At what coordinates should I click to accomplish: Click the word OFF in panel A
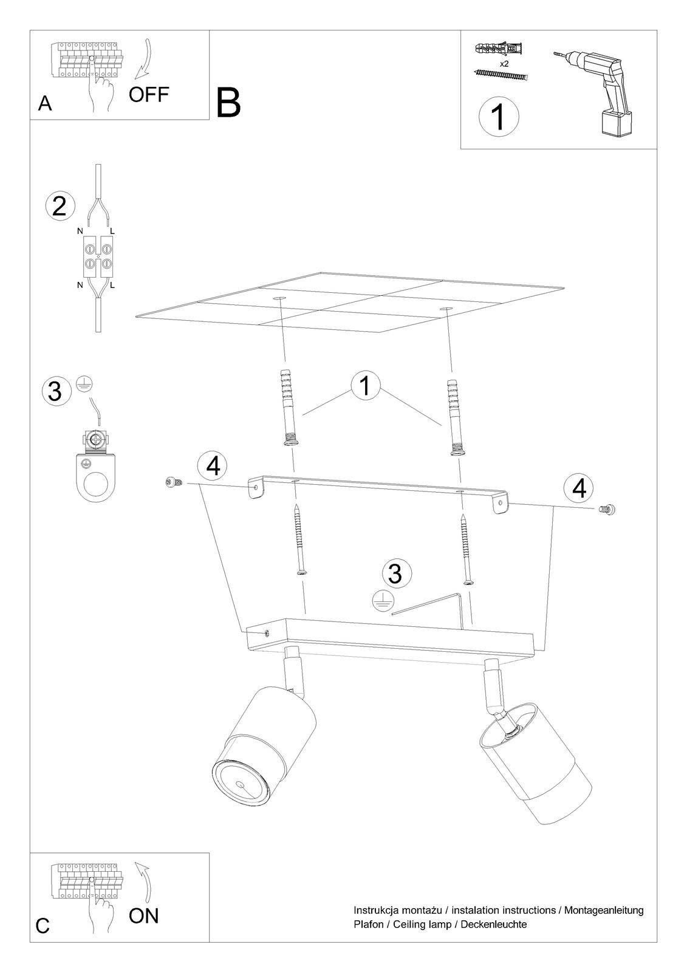148,94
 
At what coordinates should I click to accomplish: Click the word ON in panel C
143,916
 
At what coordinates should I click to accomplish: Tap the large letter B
228,103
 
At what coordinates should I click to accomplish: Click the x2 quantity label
504,64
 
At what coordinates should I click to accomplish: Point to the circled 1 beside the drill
499,116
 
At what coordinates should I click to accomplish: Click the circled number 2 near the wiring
60,206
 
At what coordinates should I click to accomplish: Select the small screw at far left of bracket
174,481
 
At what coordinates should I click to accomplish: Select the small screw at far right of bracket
607,508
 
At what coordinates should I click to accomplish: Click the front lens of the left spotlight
239,784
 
